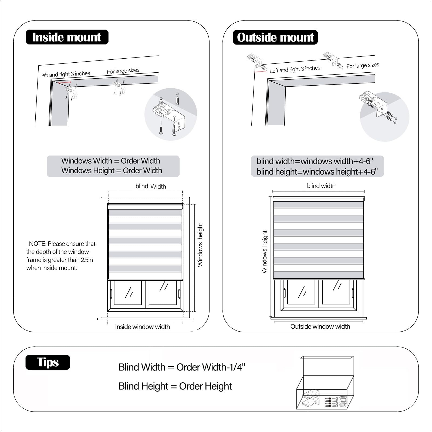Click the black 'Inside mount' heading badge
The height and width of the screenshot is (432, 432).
67,37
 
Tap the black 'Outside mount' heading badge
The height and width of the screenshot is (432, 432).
275,37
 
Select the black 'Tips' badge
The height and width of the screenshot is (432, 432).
48,362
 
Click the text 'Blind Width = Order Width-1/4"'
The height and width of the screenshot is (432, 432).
182,367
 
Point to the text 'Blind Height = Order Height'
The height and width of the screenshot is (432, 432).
175,386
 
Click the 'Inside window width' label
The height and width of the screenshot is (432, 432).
143,327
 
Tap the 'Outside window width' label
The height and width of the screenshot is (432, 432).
320,326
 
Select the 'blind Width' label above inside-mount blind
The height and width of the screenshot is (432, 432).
151,186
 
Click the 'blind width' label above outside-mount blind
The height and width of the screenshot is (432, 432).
321,186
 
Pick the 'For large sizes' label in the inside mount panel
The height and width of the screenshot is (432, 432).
123,71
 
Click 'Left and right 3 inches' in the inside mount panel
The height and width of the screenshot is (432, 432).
65,74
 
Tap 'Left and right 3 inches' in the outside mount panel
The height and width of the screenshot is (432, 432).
295,69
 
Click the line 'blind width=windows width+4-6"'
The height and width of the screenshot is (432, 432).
315,161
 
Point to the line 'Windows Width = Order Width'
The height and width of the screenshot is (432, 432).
111,161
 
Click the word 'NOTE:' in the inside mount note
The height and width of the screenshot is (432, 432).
38,244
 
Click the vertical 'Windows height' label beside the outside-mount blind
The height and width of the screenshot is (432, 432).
265,252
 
